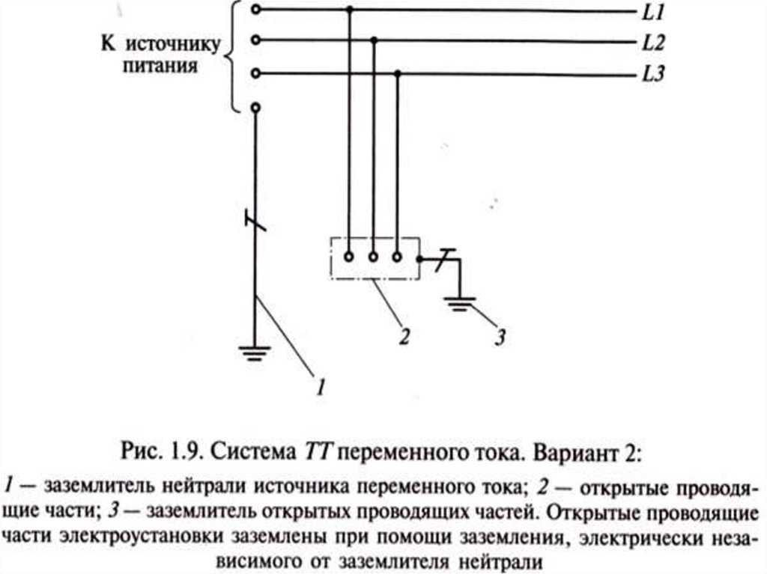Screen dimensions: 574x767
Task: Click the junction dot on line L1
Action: [x=350, y=10]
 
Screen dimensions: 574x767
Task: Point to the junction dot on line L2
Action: [x=375, y=40]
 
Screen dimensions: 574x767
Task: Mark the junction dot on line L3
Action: [x=398, y=73]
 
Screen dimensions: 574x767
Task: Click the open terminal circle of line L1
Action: [x=257, y=10]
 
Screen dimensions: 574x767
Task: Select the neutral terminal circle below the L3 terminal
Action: [x=257, y=108]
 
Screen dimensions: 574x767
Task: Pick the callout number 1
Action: [x=320, y=386]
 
